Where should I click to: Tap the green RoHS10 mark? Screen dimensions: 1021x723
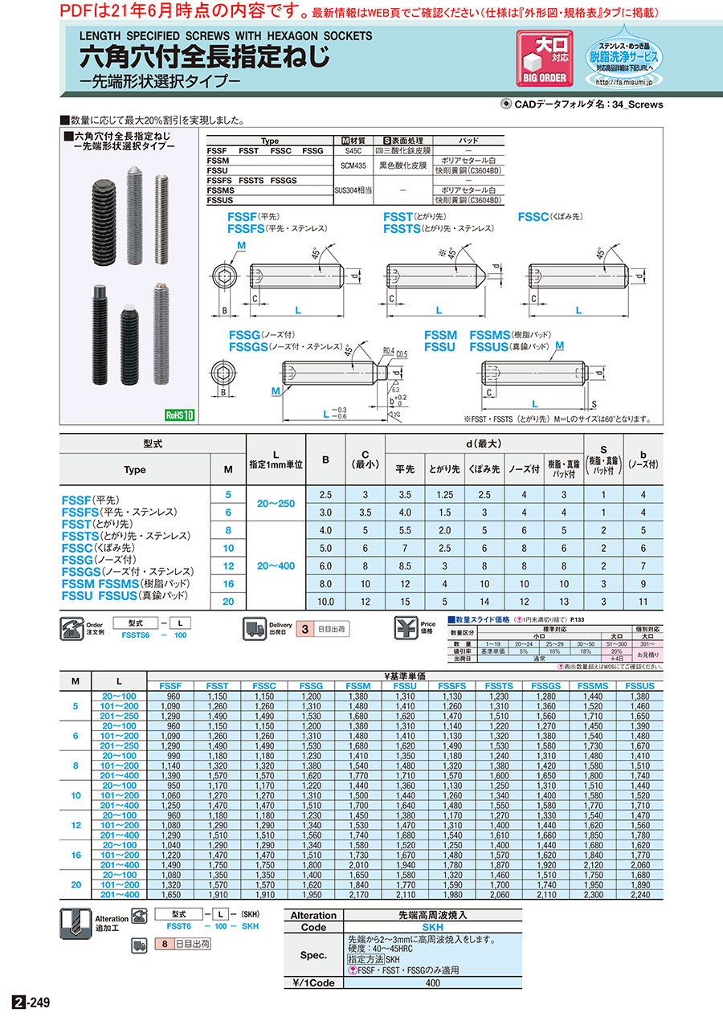(x=180, y=415)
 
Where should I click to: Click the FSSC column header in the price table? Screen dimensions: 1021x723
(x=264, y=686)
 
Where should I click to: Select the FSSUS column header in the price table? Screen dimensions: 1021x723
(x=640, y=686)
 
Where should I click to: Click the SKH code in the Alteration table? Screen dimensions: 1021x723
(x=404, y=927)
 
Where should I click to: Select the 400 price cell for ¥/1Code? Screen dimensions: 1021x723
(x=433, y=982)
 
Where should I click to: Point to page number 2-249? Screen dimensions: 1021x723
(x=33, y=1003)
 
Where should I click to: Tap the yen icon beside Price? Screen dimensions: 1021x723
(x=405, y=628)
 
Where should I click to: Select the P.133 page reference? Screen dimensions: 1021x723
(x=578, y=620)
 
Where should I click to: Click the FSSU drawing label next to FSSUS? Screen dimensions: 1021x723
(x=439, y=347)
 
